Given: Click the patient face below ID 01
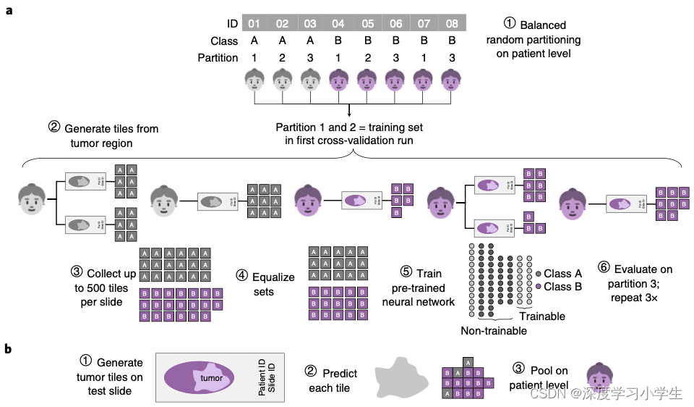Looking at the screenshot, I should tap(254, 80).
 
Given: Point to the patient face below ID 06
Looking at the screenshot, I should tap(395, 80).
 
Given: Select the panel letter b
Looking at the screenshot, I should tap(9, 349).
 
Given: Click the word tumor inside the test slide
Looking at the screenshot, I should tap(211, 378).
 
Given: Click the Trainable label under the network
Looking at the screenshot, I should tap(542, 316).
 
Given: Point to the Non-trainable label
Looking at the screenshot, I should tap(494, 330).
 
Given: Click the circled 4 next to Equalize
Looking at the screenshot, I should tap(241, 277).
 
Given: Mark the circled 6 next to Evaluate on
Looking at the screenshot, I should tap(604, 267).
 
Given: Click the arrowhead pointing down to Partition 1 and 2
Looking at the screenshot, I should tap(350, 112).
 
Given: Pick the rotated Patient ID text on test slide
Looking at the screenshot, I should tap(262, 377).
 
